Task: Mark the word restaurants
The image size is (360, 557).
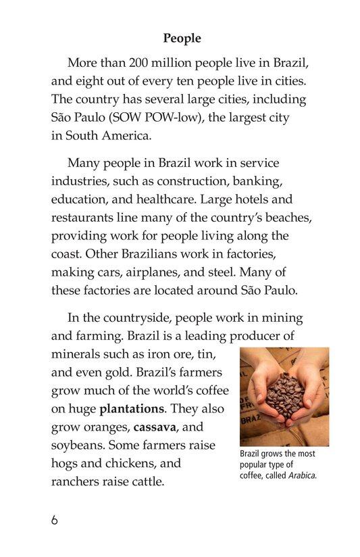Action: pyautogui.click(x=84, y=218)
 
